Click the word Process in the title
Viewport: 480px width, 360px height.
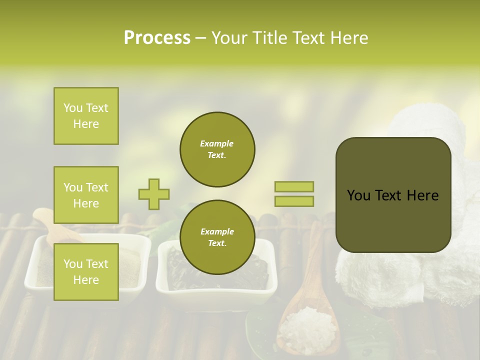point(157,38)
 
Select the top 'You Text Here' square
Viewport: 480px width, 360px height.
point(86,116)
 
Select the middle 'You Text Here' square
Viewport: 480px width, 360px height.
point(86,195)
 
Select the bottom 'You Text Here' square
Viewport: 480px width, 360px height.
point(86,272)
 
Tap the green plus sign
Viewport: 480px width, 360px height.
point(154,194)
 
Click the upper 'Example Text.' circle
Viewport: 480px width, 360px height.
point(217,149)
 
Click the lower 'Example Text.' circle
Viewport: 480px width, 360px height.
point(217,237)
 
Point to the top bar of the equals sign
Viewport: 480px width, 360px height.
point(294,187)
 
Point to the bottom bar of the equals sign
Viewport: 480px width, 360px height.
point(294,201)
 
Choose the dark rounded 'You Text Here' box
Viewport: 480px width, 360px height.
point(393,195)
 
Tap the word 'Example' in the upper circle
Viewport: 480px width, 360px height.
point(217,143)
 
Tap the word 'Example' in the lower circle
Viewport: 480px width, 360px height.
point(217,231)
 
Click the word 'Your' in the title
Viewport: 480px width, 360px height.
point(228,38)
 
